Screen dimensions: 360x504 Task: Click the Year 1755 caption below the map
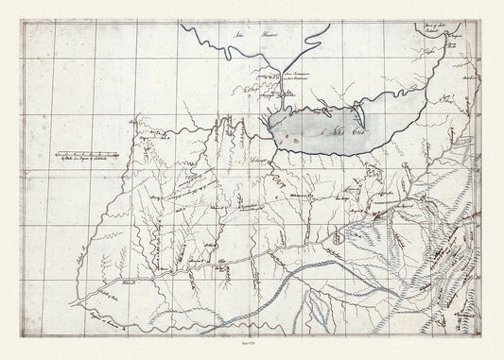click(252, 347)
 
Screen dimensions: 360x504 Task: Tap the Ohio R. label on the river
click(129, 283)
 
